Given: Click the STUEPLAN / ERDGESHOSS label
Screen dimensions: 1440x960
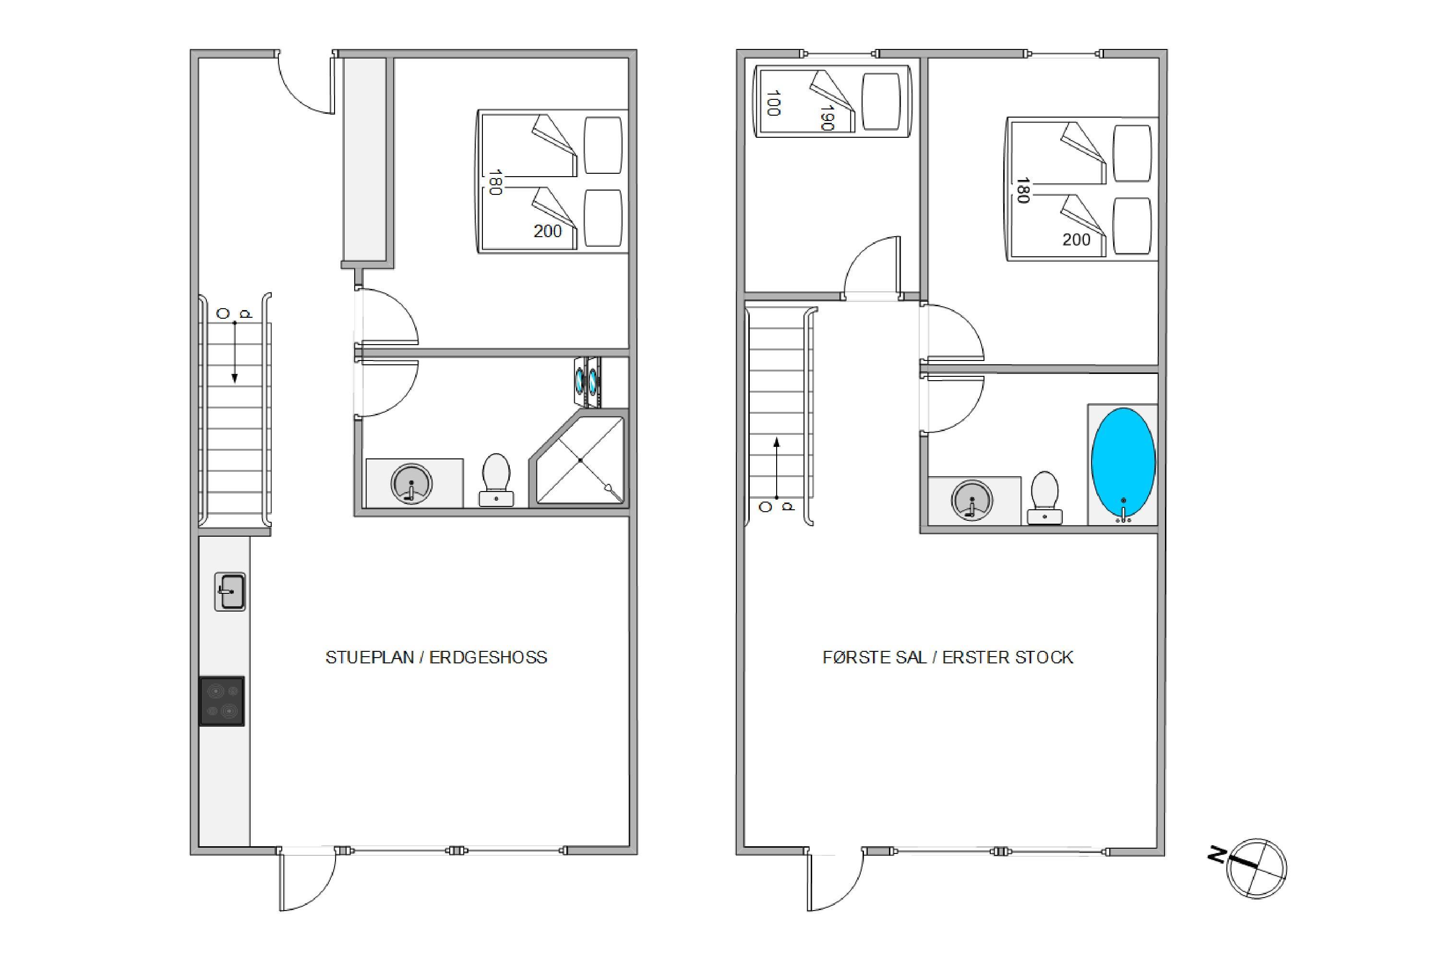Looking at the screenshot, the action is point(436,658).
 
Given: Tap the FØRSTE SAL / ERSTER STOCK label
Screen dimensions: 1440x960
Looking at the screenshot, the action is point(948,658).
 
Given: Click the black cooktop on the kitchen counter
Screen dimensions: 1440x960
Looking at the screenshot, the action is point(222,701).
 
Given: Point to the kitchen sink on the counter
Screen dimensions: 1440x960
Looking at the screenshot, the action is point(229,592).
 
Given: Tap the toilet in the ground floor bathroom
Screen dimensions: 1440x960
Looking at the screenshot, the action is point(496,480).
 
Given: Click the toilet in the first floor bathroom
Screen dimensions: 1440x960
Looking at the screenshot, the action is point(1044,498).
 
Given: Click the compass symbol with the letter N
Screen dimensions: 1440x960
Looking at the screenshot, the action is point(1249,867).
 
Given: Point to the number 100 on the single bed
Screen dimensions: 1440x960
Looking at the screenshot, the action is point(773,103).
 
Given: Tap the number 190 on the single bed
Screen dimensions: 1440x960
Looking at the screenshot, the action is point(827,118).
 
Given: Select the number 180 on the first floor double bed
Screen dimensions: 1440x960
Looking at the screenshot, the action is point(1022,190).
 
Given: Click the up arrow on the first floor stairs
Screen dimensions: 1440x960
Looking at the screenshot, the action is point(777,468).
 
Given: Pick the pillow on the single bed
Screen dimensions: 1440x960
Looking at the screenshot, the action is point(881,102).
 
